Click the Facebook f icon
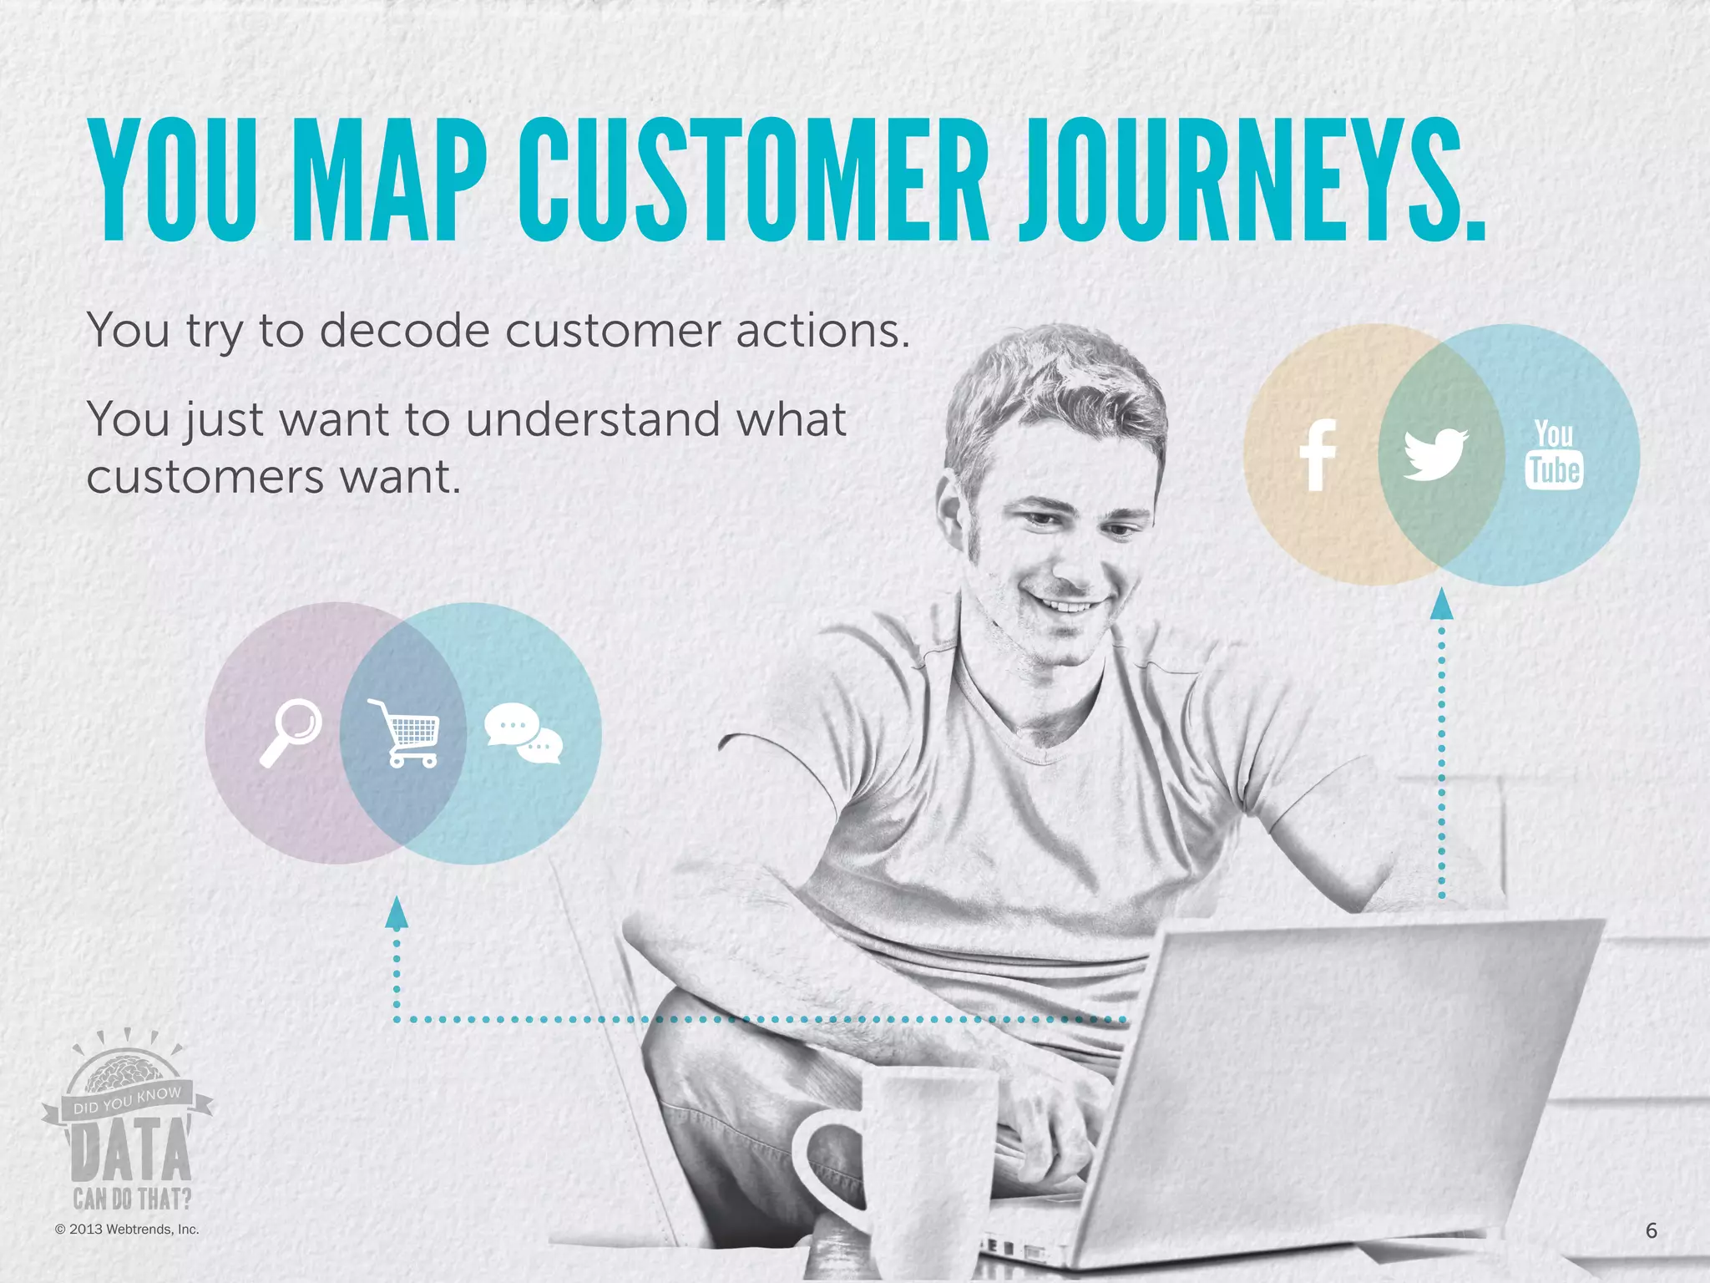[1318, 454]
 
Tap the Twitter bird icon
[1434, 454]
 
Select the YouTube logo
[1554, 454]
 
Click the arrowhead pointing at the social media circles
[1442, 605]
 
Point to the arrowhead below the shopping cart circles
[397, 913]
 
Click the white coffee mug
[918, 1169]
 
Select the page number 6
[1651, 1230]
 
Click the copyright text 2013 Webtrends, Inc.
[127, 1229]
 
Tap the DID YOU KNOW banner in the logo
[127, 1102]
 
